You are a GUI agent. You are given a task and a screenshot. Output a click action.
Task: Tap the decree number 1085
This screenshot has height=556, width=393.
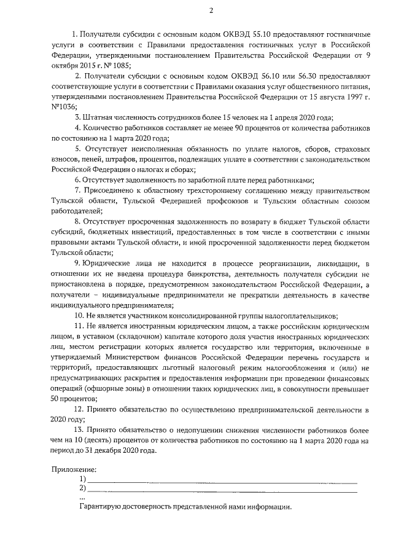[x=120, y=65]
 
